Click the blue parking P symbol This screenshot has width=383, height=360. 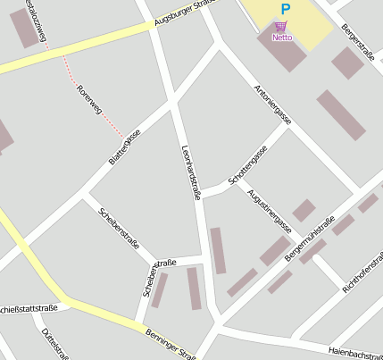(x=285, y=9)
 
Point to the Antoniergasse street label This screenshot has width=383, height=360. (x=272, y=105)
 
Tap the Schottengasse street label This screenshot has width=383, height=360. (x=247, y=166)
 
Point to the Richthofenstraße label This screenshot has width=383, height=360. (x=362, y=271)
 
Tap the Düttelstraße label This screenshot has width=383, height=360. (x=54, y=344)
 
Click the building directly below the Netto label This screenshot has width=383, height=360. (x=284, y=54)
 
